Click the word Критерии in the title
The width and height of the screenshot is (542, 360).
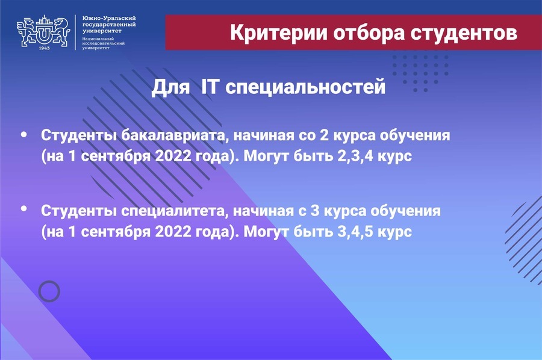[x=279, y=33]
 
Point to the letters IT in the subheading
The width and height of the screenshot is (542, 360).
[x=210, y=86]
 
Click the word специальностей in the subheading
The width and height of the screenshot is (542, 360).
[x=305, y=87]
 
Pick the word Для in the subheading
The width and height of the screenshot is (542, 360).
[x=171, y=87]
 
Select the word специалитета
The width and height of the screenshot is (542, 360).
[x=175, y=211]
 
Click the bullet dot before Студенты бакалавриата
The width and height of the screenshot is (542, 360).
[x=24, y=134]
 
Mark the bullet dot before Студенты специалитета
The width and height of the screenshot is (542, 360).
[x=24, y=208]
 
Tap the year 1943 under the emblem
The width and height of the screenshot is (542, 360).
[x=44, y=48]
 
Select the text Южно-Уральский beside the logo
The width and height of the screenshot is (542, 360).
[x=109, y=18]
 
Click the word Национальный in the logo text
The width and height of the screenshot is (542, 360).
[x=98, y=39]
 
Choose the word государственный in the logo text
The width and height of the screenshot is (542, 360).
[x=109, y=25]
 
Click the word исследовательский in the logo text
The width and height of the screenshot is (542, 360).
[x=104, y=43]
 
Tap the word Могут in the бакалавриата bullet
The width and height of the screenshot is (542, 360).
[x=266, y=157]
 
